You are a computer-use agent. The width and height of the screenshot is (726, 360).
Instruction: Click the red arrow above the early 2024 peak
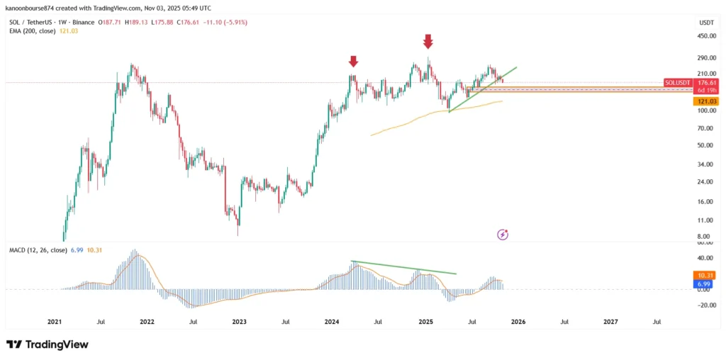(352, 62)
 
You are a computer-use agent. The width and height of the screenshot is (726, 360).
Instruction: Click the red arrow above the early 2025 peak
(428, 41)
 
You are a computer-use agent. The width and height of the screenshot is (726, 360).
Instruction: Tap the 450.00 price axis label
(705, 36)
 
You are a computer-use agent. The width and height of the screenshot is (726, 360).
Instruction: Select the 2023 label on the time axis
(239, 322)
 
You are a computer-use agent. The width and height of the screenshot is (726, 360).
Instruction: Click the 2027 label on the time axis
(610, 322)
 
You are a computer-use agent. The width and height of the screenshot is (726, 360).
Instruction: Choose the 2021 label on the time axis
(55, 322)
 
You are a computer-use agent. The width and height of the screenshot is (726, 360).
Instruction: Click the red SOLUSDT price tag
(678, 83)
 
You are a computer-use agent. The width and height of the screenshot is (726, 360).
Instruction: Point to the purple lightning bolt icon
(503, 234)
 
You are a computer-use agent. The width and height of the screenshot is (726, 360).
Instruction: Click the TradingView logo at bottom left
(48, 344)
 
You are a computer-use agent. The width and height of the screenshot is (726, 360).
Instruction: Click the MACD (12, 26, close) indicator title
(38, 250)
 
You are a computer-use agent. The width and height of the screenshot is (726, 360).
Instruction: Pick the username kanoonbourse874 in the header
(33, 9)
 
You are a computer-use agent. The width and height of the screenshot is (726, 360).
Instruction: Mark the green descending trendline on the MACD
(404, 268)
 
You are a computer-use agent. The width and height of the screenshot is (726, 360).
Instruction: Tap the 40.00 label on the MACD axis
(706, 258)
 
